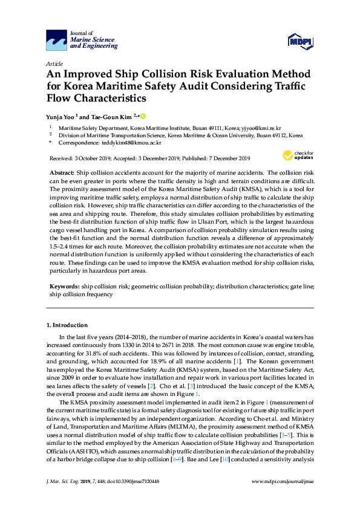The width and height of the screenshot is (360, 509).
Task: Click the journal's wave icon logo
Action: pyautogui.click(x=56, y=41)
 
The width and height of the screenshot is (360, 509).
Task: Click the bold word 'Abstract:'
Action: pyautogui.click(x=62, y=173)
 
